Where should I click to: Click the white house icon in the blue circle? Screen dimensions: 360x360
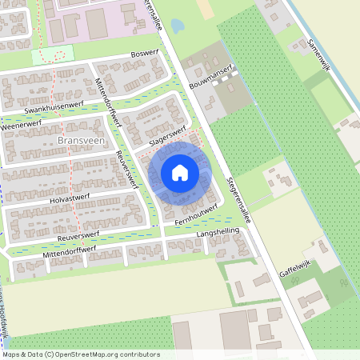(x=180, y=173)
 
